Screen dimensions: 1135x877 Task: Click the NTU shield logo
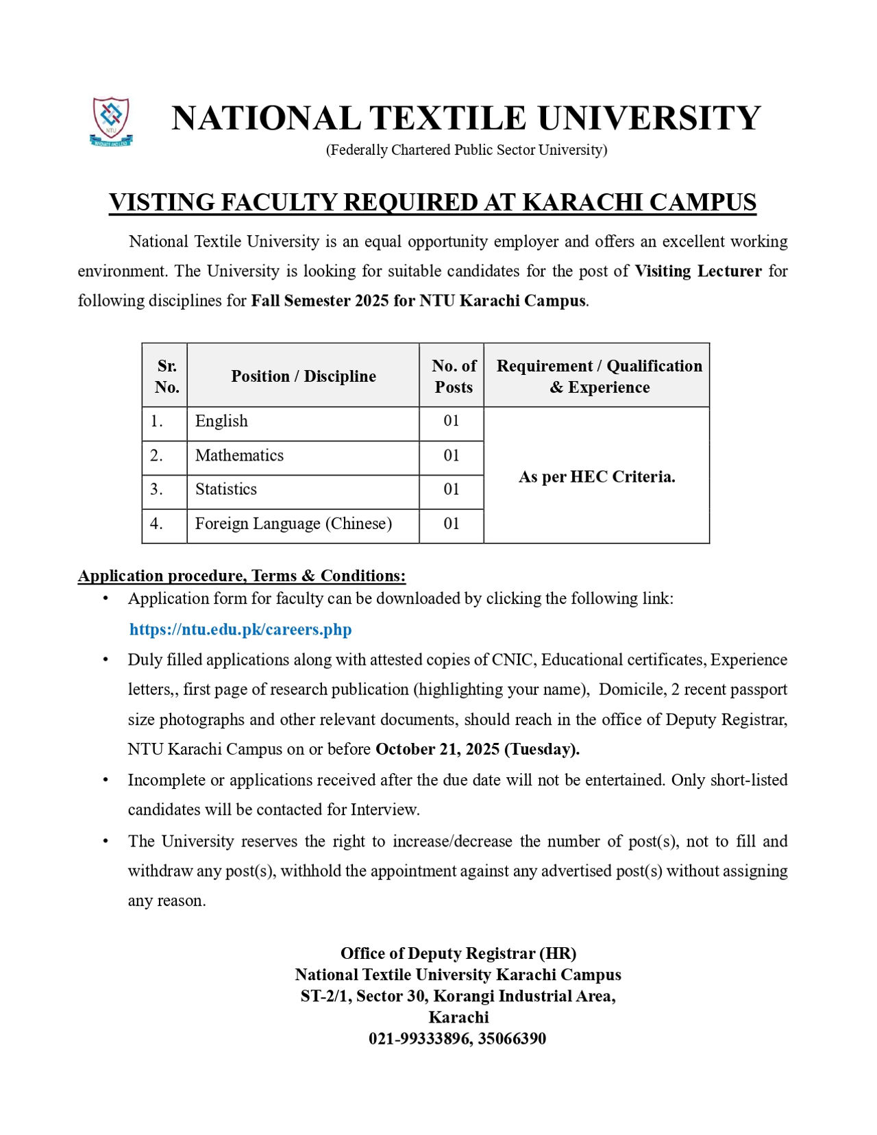(x=111, y=121)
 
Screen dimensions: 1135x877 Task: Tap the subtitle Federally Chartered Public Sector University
(x=466, y=150)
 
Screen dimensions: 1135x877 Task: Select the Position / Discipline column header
(x=304, y=376)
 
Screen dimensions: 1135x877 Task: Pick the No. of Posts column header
(x=453, y=376)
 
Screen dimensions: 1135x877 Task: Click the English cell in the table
(x=221, y=421)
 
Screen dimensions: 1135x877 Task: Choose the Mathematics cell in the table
(x=239, y=455)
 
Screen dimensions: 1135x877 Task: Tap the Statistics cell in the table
(x=226, y=489)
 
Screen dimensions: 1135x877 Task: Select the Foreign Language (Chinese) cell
(x=293, y=524)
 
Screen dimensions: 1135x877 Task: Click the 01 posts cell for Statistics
(x=451, y=489)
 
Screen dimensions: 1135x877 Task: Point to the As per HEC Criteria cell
(x=597, y=477)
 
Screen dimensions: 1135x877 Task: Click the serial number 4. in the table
(x=157, y=524)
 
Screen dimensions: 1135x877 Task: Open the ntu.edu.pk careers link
(x=240, y=629)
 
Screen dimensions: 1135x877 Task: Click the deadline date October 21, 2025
(x=438, y=749)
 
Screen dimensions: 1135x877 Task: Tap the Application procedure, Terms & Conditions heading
(x=242, y=576)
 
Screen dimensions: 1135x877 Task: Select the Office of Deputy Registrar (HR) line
(x=458, y=953)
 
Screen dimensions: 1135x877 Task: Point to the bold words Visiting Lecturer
(x=697, y=271)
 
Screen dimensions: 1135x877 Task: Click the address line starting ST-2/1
(x=458, y=996)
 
